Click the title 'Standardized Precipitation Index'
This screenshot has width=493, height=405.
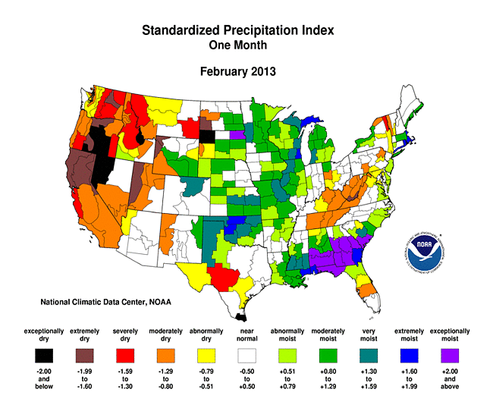[x=238, y=31]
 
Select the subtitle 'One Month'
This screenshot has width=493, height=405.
[x=238, y=46]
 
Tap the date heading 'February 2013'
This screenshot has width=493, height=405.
[x=238, y=72]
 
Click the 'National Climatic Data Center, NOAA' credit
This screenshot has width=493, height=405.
[x=105, y=303]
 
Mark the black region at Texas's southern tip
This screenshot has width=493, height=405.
[x=240, y=318]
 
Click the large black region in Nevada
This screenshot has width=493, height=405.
[x=102, y=155]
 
